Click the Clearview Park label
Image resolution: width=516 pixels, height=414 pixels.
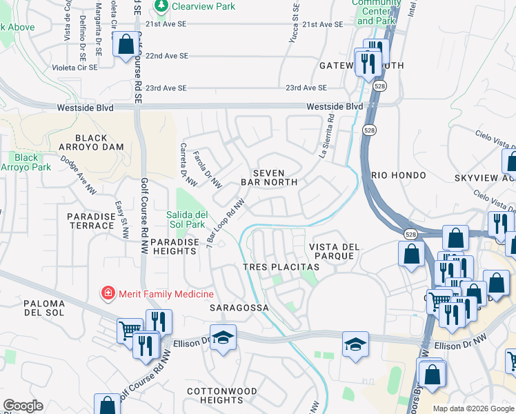(x=204, y=7)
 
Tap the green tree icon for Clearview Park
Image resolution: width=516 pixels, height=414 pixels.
(x=161, y=7)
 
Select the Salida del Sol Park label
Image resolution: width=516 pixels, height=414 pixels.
(x=186, y=219)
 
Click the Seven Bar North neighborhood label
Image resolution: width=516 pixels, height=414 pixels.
(x=268, y=177)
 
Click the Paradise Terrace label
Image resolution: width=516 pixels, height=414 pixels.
(x=90, y=221)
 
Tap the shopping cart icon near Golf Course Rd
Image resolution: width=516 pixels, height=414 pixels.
(x=128, y=330)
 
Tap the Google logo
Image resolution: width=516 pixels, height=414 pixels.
(x=23, y=406)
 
